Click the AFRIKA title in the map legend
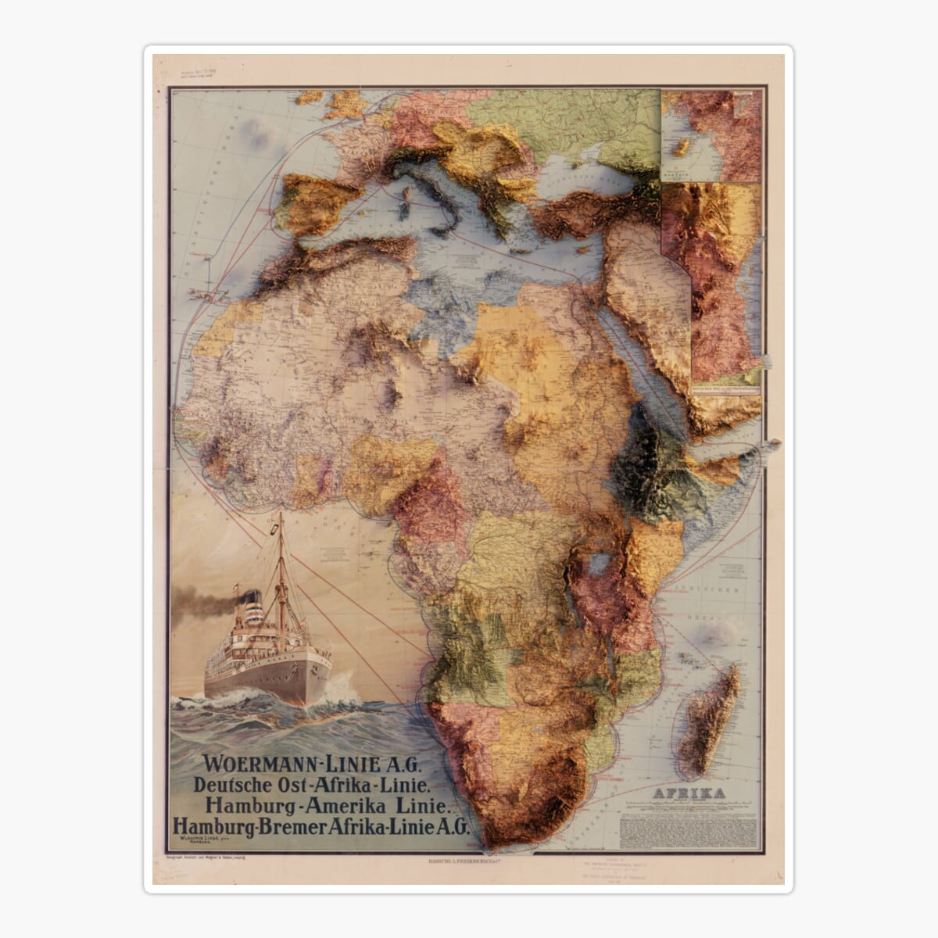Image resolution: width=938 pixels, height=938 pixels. [x=689, y=794]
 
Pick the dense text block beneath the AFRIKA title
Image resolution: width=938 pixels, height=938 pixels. [x=689, y=829]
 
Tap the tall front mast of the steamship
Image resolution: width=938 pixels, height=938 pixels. [x=281, y=571]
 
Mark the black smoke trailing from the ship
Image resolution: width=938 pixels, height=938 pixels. [x=199, y=603]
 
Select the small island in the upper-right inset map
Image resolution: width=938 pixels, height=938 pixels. [x=682, y=146]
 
